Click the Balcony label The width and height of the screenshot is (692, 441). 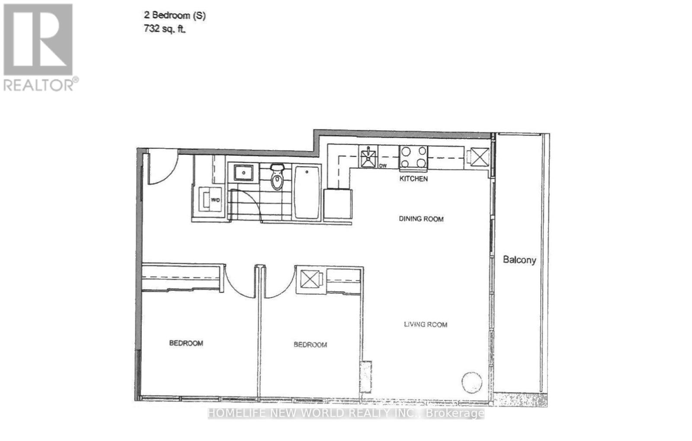519,260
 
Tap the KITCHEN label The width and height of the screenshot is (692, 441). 413,178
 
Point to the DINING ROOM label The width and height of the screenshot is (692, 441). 421,219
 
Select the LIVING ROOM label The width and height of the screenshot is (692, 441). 425,324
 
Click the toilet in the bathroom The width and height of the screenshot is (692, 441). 277,177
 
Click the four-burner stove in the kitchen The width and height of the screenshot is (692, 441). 413,157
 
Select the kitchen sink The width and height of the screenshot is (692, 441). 368,157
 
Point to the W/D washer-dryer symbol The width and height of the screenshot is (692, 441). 210,200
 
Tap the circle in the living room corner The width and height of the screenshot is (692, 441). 471,382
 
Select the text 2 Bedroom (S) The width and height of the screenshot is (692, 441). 175,16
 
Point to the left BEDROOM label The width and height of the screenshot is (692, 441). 186,343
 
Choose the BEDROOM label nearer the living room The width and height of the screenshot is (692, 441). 310,344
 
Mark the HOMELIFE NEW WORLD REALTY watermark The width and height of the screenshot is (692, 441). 346,413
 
